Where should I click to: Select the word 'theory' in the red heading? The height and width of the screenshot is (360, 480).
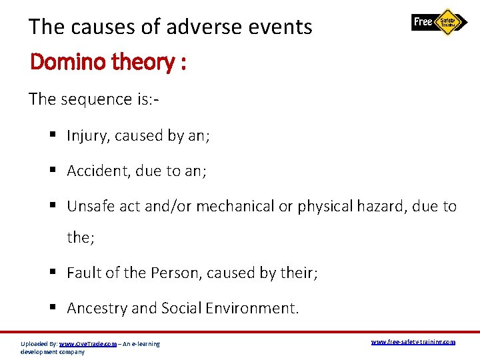point(141,62)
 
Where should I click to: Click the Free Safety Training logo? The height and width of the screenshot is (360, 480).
point(439,22)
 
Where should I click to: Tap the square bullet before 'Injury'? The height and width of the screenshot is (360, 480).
point(54,136)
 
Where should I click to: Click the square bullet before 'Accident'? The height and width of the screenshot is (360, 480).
point(54,171)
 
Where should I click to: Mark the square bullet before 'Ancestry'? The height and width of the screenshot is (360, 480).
point(54,308)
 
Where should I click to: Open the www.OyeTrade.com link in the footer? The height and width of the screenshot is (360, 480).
point(87,344)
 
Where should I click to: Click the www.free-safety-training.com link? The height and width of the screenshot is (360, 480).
point(413,342)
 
